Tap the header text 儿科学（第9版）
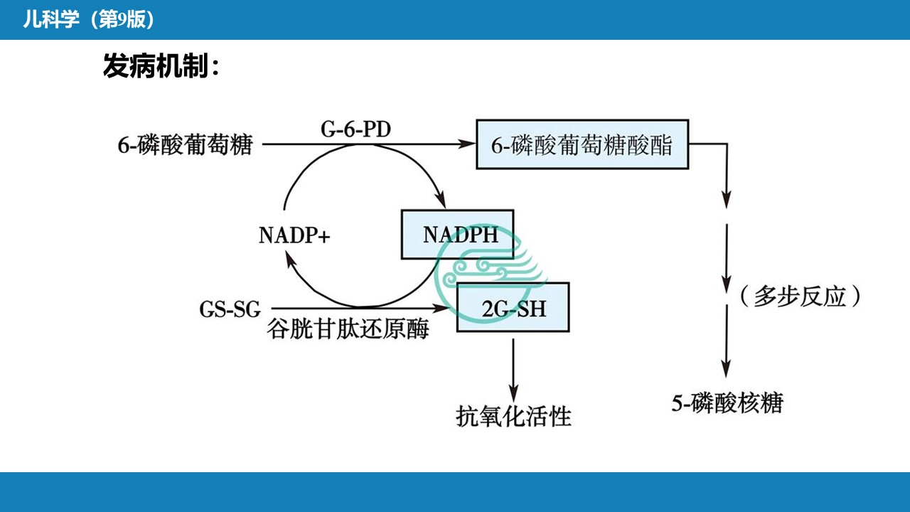[88, 20]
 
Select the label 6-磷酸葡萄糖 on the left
[185, 145]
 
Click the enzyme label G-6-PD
[355, 130]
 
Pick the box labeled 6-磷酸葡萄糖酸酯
[582, 144]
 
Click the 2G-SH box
[513, 307]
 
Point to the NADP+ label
[294, 235]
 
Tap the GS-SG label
[230, 310]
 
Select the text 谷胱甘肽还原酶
[348, 329]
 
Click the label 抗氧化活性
[513, 415]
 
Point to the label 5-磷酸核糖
[727, 402]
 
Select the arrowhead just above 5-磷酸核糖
[726, 370]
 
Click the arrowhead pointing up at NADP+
[291, 261]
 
